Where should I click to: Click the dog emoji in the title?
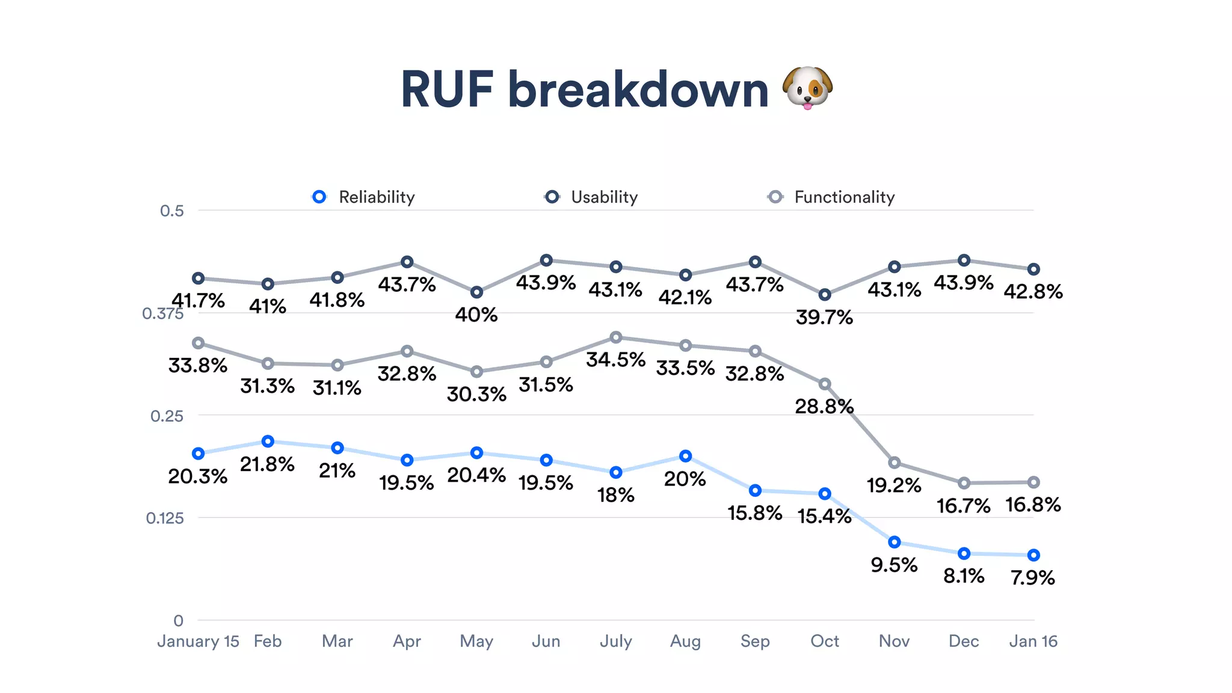click(807, 88)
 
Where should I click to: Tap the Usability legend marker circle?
click(552, 197)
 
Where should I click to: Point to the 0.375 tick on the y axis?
click(162, 313)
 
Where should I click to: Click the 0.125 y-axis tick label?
click(165, 518)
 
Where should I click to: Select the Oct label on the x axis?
click(824, 641)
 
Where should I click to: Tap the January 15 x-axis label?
click(198, 641)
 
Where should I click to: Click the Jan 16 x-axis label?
click(1033, 641)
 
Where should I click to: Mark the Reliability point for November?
click(895, 542)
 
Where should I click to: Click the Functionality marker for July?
click(615, 337)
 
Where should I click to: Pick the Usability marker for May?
click(476, 292)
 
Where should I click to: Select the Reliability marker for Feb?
click(268, 442)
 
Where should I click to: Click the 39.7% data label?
click(824, 317)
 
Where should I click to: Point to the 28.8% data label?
click(824, 407)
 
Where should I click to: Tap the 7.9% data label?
click(1032, 577)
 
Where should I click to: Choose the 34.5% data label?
click(615, 360)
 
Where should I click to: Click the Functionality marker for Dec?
click(964, 483)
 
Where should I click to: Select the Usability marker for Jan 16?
click(1033, 269)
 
